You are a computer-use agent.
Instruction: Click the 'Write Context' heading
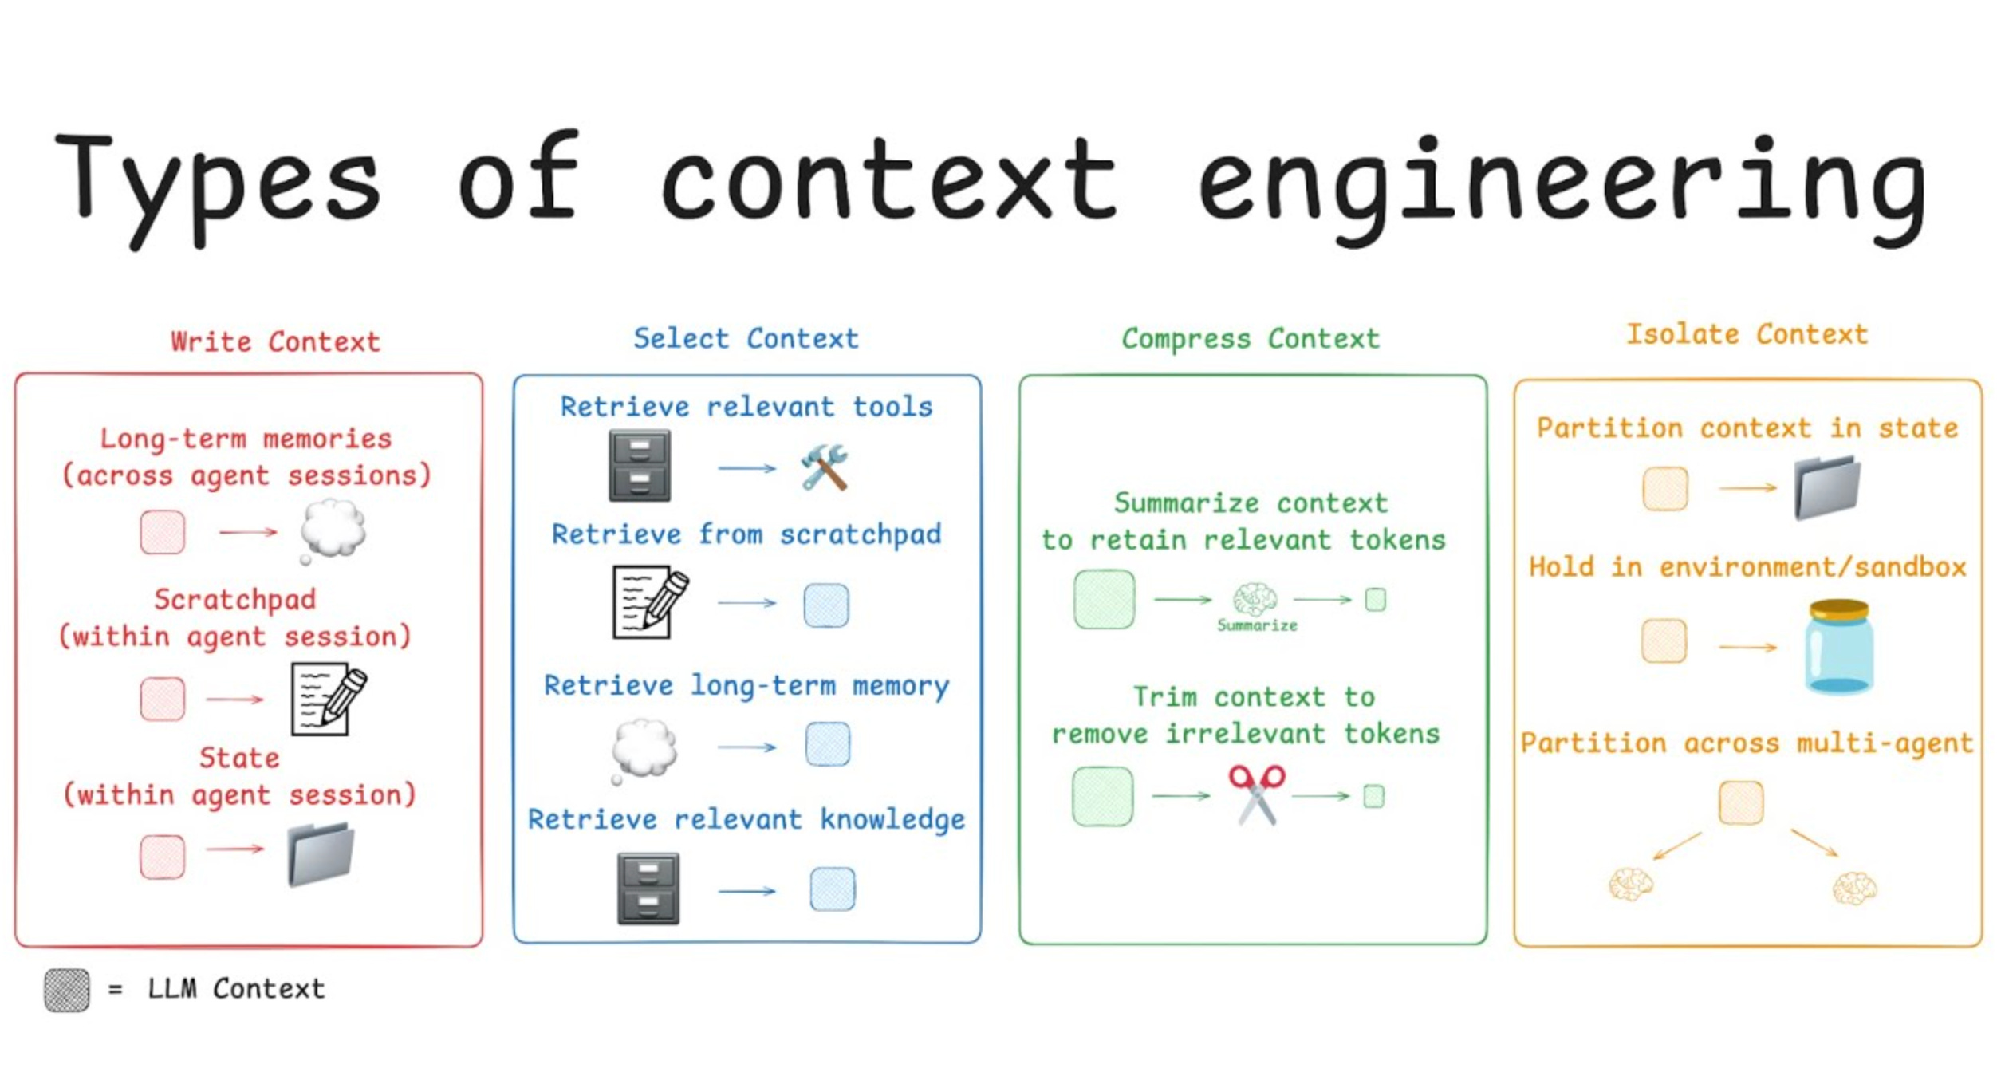(275, 341)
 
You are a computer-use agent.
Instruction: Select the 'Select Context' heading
(746, 338)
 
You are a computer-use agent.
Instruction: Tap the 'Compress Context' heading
(1250, 338)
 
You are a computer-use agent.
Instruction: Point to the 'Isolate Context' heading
(1747, 334)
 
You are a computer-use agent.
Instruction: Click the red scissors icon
(1256, 794)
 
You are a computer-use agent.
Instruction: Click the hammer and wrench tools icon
(824, 467)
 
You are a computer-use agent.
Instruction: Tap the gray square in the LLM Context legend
(67, 990)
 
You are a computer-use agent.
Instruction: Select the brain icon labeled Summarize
(1255, 599)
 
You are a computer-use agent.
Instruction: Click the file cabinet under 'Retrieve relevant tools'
(640, 466)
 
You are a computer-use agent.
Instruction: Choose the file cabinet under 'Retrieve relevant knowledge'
(648, 888)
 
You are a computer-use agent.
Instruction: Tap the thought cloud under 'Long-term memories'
(333, 529)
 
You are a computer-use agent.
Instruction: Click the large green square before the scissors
(1103, 795)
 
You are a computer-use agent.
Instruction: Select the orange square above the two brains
(1740, 802)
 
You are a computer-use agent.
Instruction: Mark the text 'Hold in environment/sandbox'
(1747, 567)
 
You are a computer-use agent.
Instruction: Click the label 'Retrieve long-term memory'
(746, 685)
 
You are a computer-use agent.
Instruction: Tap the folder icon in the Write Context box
(321, 854)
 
